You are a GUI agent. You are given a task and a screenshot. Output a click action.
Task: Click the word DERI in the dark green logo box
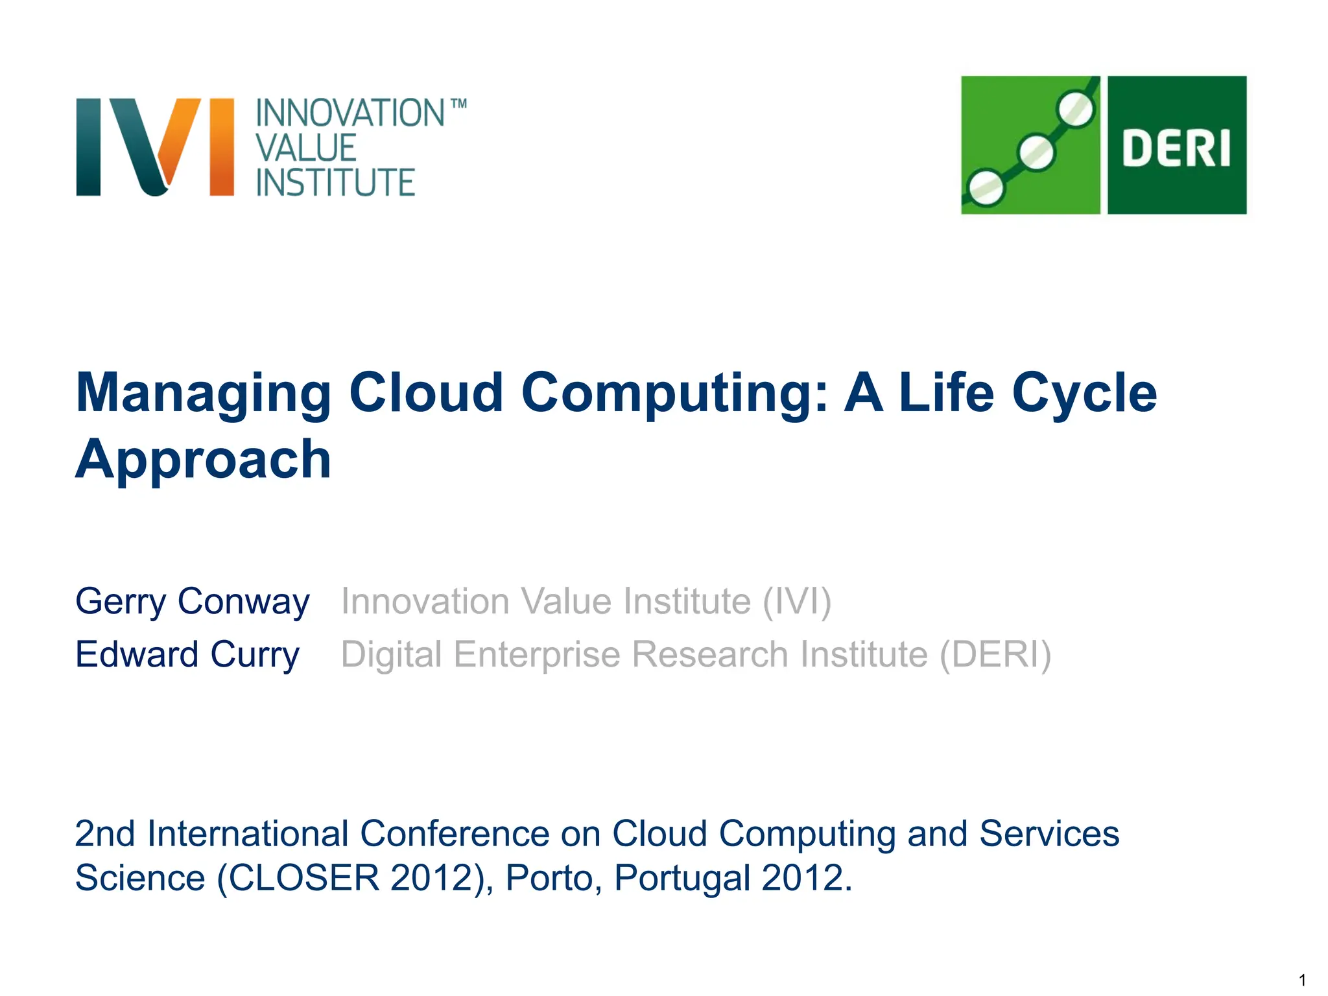[1176, 149]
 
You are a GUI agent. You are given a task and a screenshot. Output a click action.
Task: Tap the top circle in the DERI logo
[1076, 109]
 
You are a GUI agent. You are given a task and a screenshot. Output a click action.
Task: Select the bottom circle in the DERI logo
[986, 188]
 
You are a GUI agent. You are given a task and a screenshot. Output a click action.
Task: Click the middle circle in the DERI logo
[1036, 152]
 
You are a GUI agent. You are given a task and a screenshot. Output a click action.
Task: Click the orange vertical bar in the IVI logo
[222, 147]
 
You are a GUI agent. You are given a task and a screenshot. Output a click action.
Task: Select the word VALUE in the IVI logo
[306, 148]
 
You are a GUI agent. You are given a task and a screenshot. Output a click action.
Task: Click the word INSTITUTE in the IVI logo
[335, 183]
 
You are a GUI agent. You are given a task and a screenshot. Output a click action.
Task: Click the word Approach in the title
[204, 459]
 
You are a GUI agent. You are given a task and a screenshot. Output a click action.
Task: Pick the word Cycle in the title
[1084, 393]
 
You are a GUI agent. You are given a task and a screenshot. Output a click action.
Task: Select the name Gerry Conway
[193, 601]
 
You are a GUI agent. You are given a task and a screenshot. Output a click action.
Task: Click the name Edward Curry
[187, 654]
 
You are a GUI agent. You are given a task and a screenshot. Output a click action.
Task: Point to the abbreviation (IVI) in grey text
[796, 601]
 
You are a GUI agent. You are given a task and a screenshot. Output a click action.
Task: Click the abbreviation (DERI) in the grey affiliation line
[995, 654]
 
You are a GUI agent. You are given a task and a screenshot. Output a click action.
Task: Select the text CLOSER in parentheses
[303, 878]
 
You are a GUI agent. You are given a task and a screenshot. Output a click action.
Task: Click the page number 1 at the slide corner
[1303, 980]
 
